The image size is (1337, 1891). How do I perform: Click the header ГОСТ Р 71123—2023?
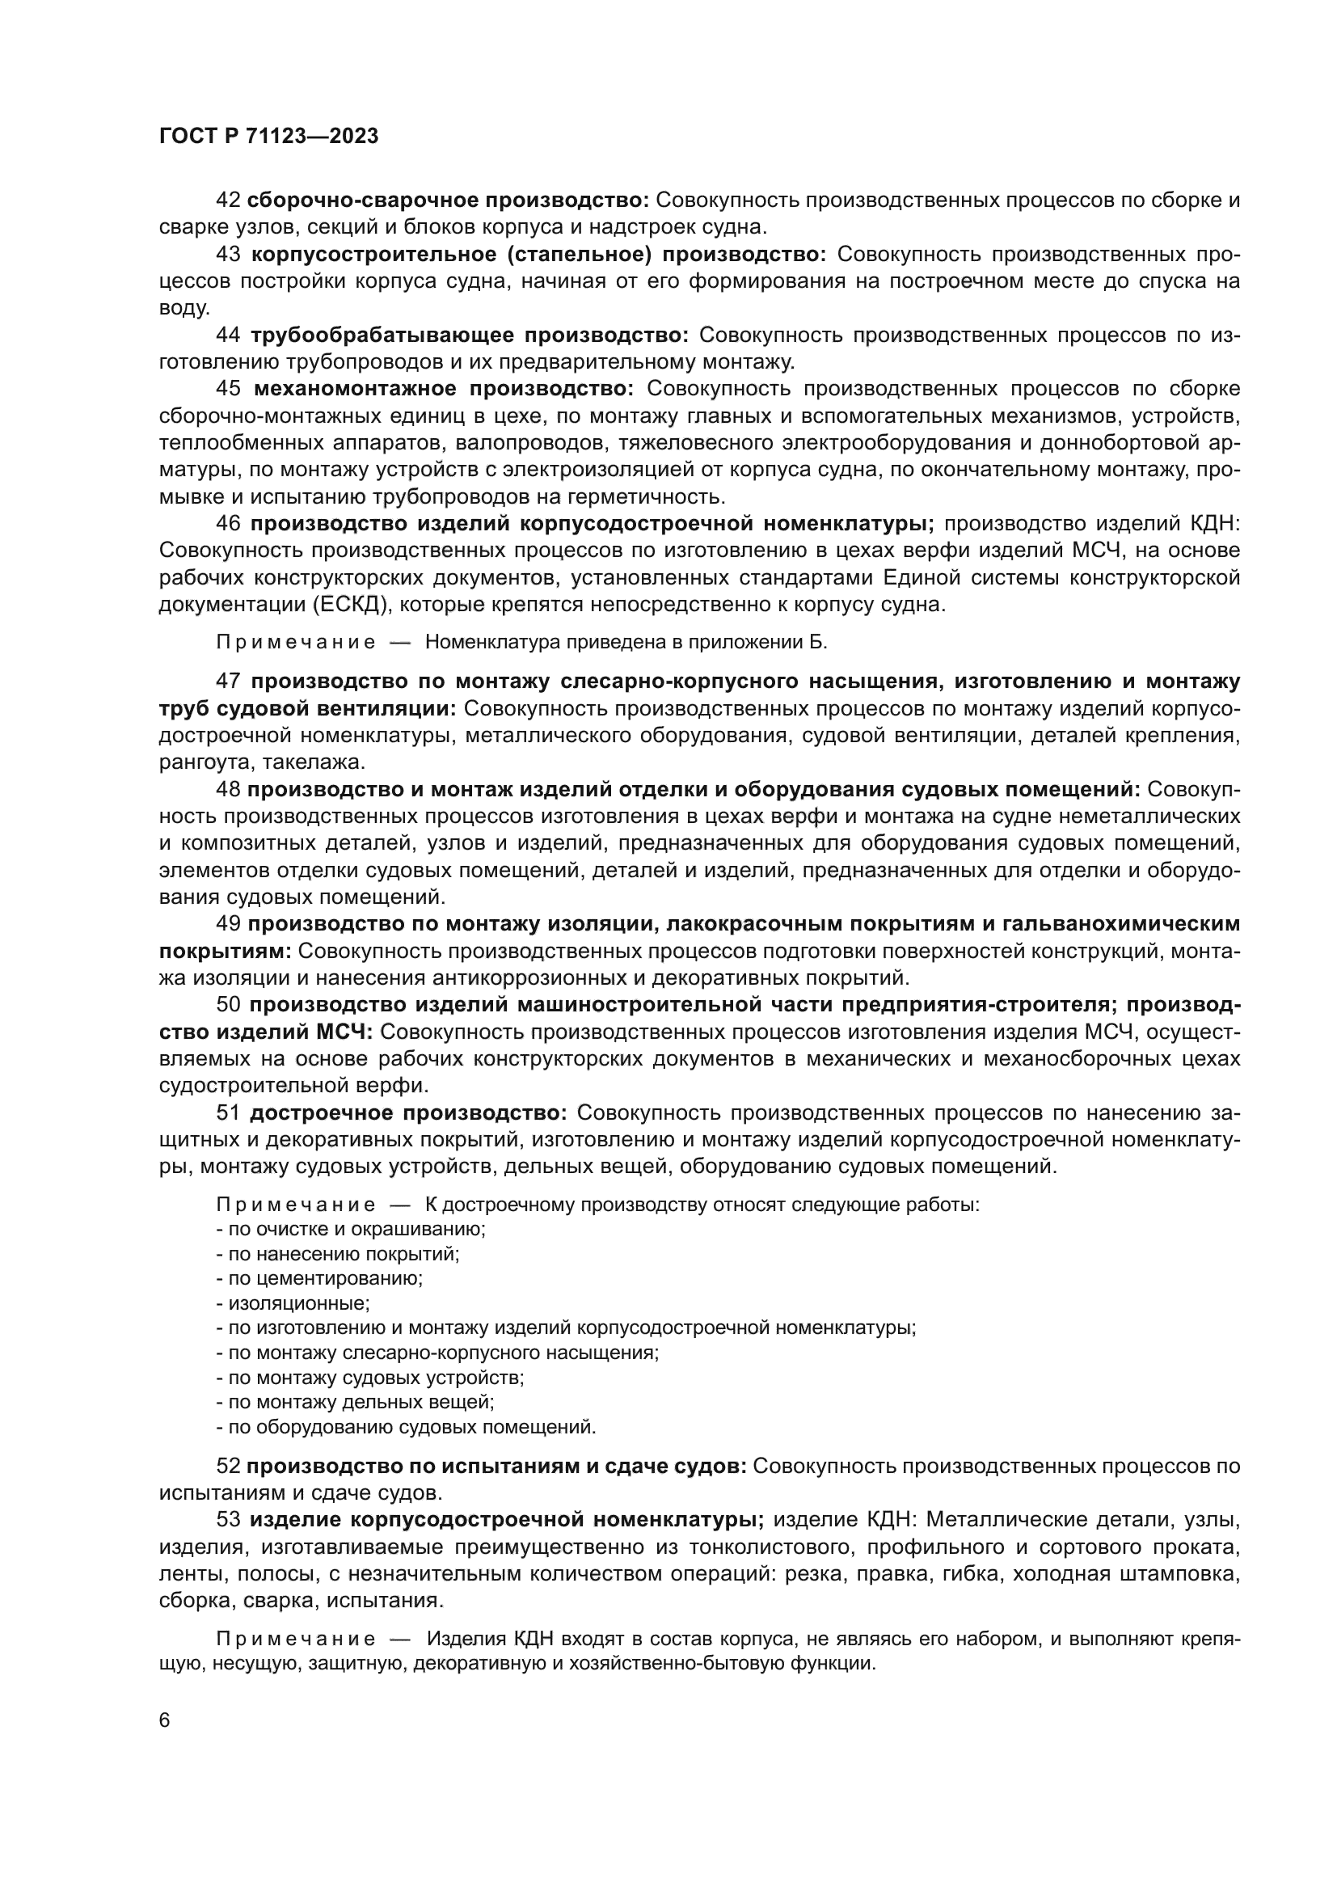click(x=268, y=137)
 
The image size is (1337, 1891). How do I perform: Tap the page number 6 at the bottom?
click(x=165, y=1720)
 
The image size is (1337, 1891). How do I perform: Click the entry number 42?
click(x=227, y=200)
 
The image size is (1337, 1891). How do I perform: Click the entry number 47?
click(x=228, y=681)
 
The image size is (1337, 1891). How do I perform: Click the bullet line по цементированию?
click(x=320, y=1278)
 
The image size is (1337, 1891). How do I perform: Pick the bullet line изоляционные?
click(x=294, y=1303)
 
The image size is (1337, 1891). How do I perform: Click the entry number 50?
click(x=228, y=1005)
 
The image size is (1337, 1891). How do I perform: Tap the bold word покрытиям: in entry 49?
click(x=225, y=952)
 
